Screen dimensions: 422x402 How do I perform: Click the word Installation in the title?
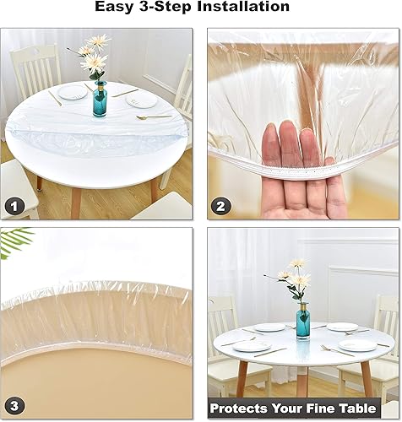pyautogui.click(x=240, y=8)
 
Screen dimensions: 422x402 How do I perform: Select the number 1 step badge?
pyautogui.click(x=14, y=205)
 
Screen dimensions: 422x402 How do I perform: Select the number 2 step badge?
pyautogui.click(x=221, y=205)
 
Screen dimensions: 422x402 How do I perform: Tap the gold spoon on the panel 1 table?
pyautogui.click(x=154, y=116)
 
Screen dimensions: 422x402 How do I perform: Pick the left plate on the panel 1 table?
pyautogui.click(x=73, y=93)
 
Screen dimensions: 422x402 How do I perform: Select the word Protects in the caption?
pyautogui.click(x=245, y=408)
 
